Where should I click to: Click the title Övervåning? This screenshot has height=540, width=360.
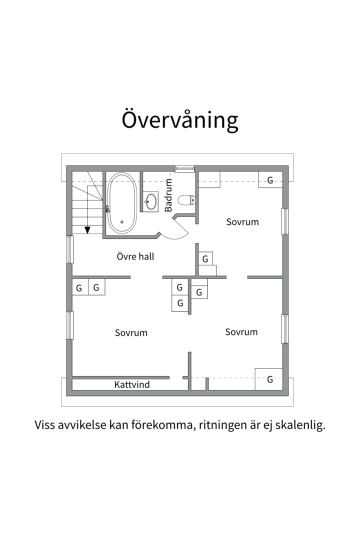180,120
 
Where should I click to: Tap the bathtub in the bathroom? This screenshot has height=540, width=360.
121,202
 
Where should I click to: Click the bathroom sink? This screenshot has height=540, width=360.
150,202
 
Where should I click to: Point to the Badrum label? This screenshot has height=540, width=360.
168,195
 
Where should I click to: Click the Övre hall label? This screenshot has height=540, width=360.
135,256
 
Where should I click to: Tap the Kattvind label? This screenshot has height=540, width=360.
132,384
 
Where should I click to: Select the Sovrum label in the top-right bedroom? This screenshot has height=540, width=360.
242,221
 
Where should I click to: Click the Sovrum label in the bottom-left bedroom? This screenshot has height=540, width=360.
131,332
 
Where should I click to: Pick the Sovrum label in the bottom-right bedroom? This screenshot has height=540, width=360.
241,332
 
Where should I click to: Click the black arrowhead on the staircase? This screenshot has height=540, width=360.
87,230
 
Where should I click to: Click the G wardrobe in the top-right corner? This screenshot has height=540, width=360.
270,180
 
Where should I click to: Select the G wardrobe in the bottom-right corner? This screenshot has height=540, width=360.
269,379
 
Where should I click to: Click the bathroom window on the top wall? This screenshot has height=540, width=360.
184,168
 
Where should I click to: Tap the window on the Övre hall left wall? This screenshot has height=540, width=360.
70,249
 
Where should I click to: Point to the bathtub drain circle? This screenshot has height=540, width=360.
121,222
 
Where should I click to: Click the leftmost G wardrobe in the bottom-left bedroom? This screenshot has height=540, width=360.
79,288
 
